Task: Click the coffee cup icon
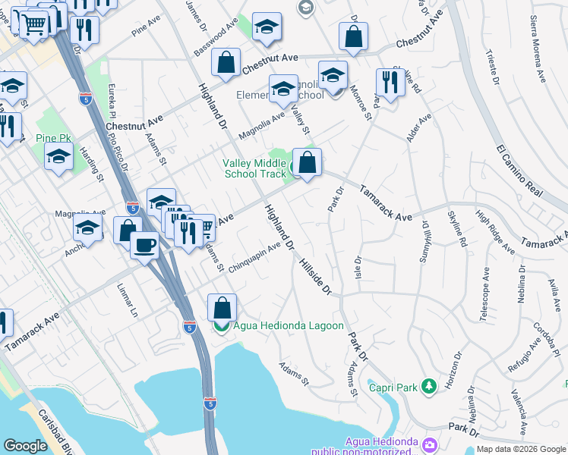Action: coord(144,245)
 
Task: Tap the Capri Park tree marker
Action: coord(429,387)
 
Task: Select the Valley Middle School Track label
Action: coord(254,168)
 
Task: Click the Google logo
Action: coord(25,446)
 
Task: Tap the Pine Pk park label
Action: coord(50,139)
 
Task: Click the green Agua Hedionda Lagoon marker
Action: coord(221,326)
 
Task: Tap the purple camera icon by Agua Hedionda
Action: coord(431,444)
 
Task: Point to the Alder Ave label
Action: coord(418,127)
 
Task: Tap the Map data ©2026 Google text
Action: coord(520,449)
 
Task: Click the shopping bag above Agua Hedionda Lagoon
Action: coord(221,308)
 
